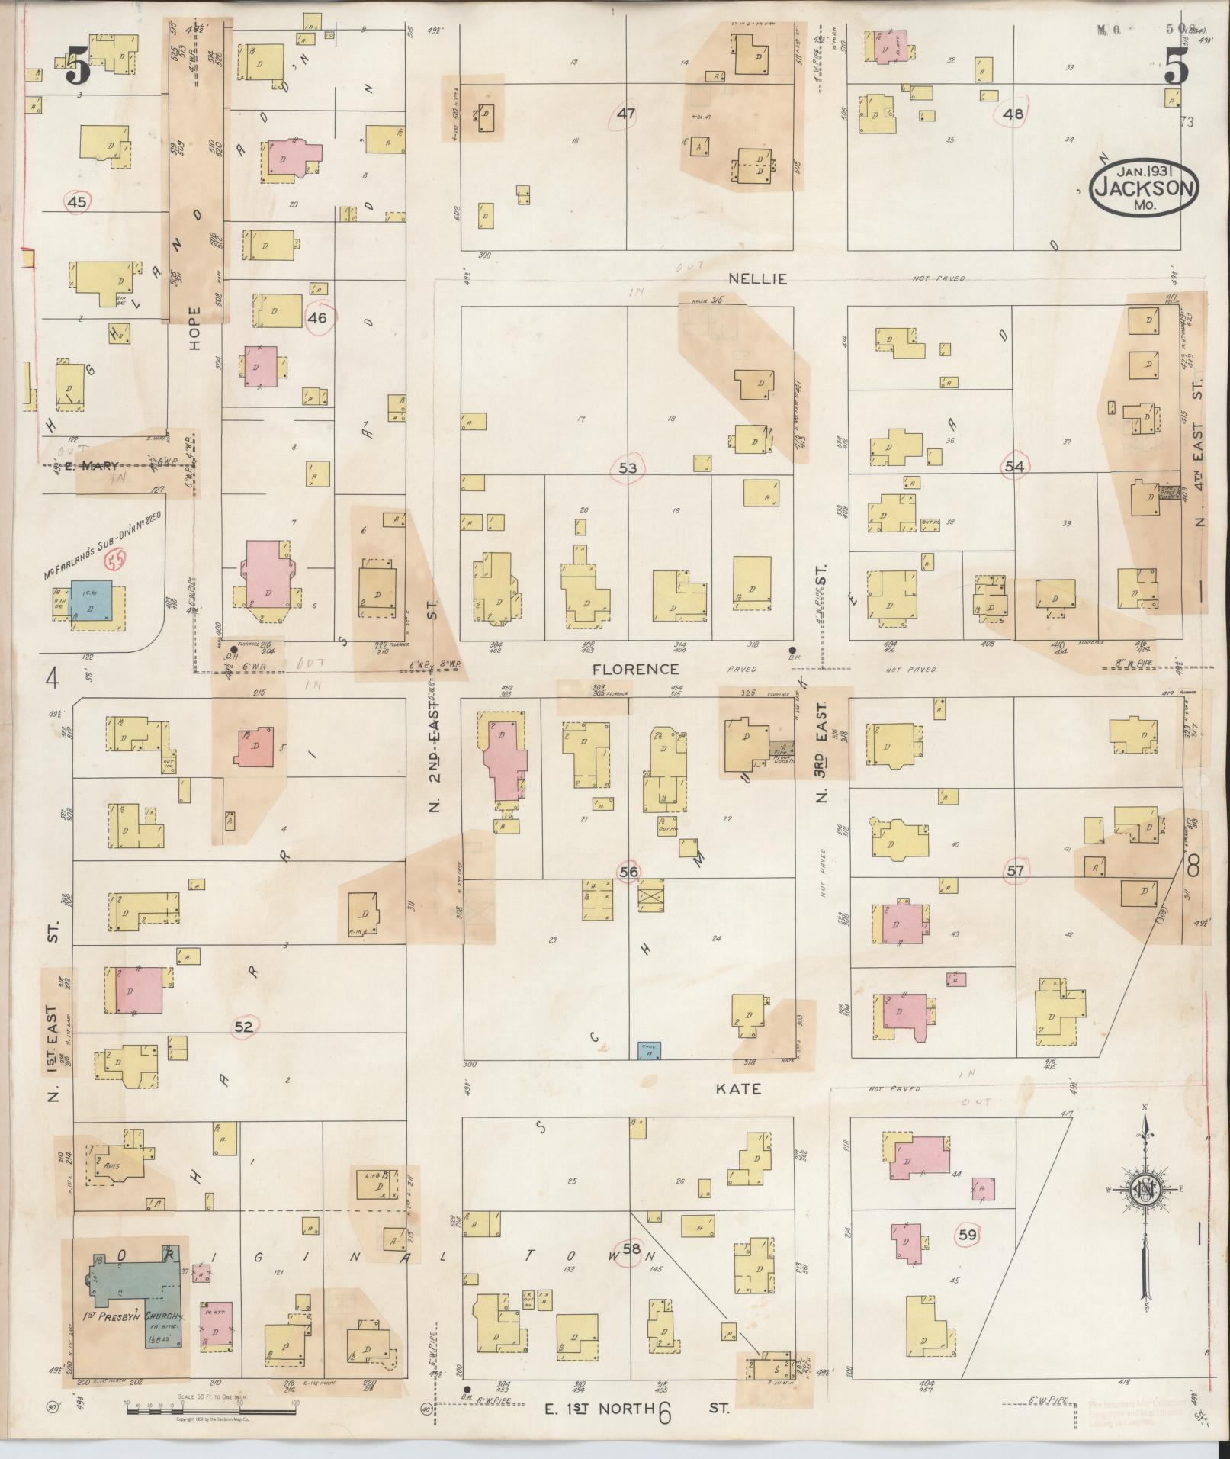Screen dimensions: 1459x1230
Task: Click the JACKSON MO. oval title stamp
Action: (1144, 188)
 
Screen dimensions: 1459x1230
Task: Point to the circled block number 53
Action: (628, 468)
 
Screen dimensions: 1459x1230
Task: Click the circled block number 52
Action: (243, 1027)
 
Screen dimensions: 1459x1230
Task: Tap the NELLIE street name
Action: (747, 279)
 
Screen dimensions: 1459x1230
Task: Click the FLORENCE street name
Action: (636, 669)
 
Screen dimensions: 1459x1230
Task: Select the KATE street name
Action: (739, 1088)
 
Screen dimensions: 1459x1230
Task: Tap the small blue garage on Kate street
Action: (649, 1051)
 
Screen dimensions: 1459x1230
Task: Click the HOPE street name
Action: (194, 328)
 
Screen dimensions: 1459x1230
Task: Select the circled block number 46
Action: (317, 318)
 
